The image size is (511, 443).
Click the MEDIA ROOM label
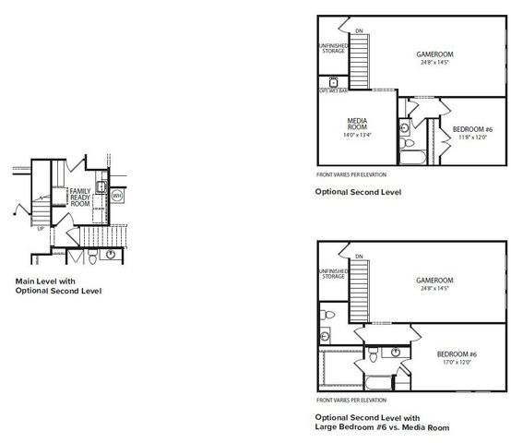[x=358, y=125]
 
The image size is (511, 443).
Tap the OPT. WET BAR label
[x=333, y=91]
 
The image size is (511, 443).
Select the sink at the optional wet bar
[x=332, y=80]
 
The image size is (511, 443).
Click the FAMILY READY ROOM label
[x=80, y=197]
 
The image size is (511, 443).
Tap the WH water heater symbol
[x=117, y=196]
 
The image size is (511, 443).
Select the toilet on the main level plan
[x=110, y=254]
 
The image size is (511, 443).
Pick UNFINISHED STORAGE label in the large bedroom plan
[x=332, y=273]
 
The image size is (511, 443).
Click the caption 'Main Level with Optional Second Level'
[x=58, y=285]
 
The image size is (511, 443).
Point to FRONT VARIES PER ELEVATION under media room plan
[x=351, y=174]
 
